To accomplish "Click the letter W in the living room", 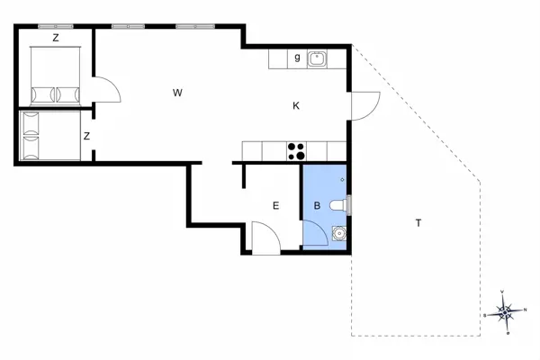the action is coord(178,93).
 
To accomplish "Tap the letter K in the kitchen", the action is coord(296,106).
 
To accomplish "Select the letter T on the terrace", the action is coord(418,222).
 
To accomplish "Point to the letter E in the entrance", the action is coord(276,206).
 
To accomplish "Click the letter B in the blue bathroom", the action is coord(316,206).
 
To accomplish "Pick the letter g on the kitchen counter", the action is coord(296,58).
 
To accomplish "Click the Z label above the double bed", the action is coord(56,38).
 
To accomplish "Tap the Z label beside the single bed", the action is coord(86,136).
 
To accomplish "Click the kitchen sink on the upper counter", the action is coord(318,59).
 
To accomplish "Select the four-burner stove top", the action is coord(295,151).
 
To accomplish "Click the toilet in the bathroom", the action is coord(338,206).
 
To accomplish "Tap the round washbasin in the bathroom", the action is coord(337,234).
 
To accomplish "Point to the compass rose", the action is coord(505,311).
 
